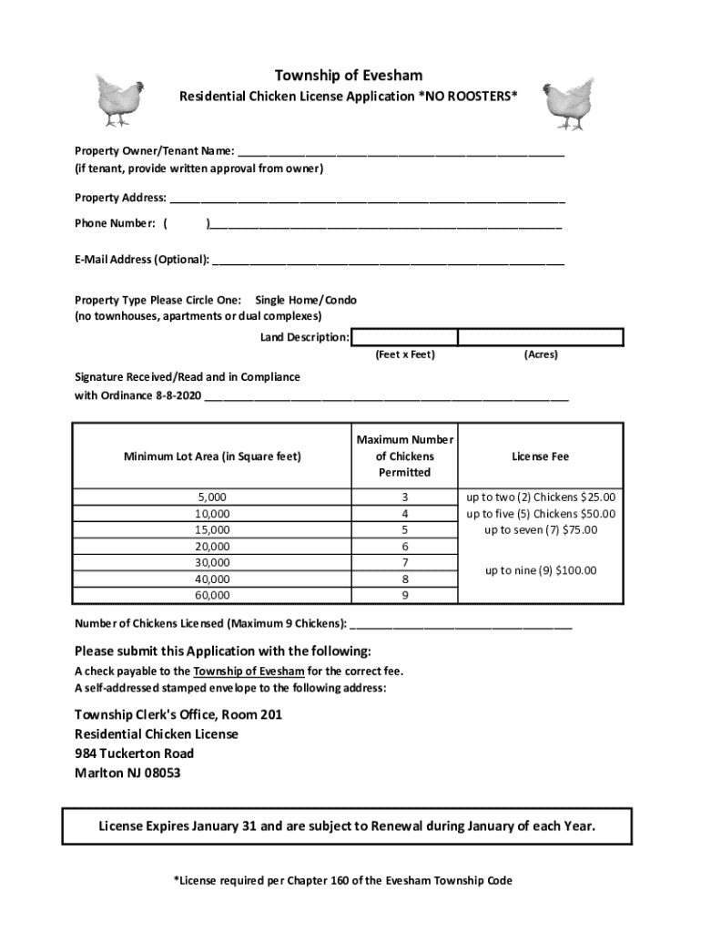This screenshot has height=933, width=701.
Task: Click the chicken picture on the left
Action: [x=117, y=99]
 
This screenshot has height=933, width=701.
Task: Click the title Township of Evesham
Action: [x=349, y=75]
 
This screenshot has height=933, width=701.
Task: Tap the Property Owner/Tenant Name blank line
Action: [x=400, y=153]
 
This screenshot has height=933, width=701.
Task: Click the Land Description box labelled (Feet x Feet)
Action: [x=404, y=338]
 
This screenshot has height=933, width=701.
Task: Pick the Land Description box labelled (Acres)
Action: [x=541, y=338]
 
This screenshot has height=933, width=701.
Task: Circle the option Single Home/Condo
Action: [x=306, y=300]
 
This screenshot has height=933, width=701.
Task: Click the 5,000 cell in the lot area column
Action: [x=212, y=497]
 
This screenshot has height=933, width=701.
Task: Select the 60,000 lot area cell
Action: [x=212, y=595]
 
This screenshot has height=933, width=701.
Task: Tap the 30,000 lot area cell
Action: [x=212, y=562]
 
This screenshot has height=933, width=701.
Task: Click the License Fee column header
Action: [x=540, y=456]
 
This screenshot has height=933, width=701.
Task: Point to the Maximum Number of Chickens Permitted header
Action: [x=405, y=456]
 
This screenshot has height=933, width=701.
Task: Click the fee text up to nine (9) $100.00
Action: [x=540, y=570]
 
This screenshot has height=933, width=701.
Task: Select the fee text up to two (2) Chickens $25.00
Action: [x=541, y=497]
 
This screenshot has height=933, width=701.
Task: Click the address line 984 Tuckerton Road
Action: [x=134, y=754]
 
